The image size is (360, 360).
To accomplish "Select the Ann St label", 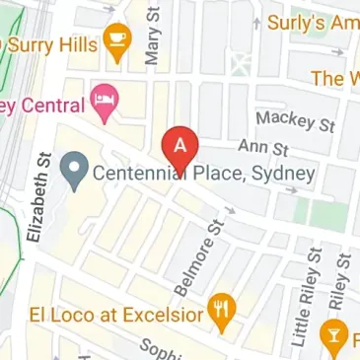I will [x=261, y=150].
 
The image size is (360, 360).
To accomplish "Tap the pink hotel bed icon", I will [x=103, y=98].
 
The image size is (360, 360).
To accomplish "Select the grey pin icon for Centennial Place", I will [x=72, y=172].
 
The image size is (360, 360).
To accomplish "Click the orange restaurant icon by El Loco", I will [x=224, y=314].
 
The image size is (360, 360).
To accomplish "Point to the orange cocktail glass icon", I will [x=335, y=337].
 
